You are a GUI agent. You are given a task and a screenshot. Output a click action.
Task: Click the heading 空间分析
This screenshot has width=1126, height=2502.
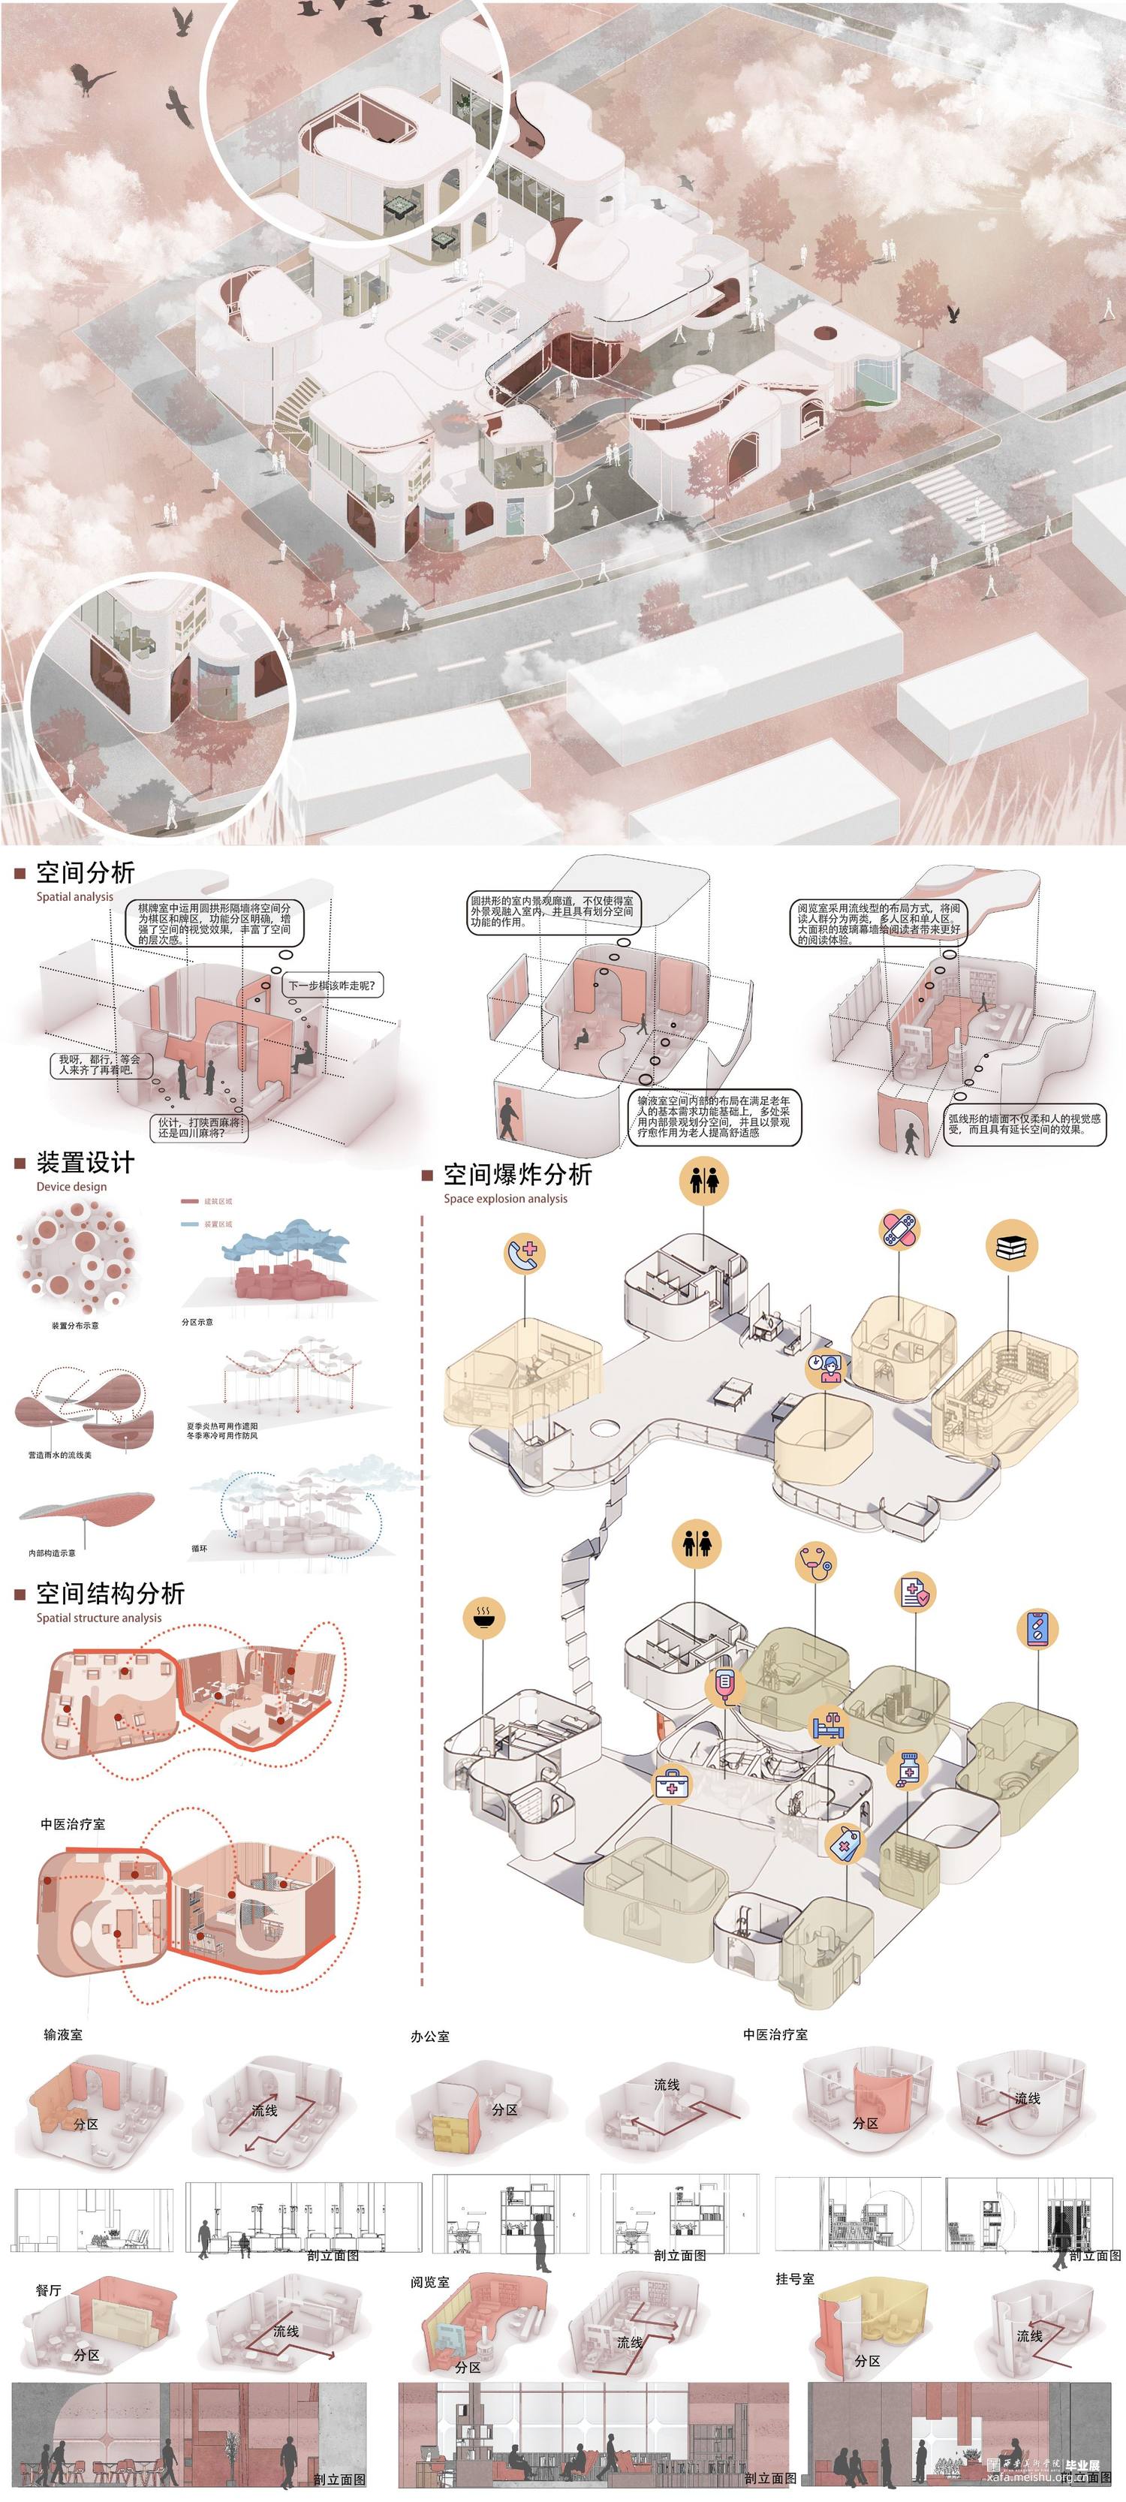pyautogui.click(x=85, y=872)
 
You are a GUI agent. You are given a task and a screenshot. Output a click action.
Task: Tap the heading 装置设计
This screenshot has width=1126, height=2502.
pyautogui.click(x=85, y=1163)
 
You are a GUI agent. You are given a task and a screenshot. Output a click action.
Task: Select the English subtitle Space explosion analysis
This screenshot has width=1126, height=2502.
pyautogui.click(x=505, y=1199)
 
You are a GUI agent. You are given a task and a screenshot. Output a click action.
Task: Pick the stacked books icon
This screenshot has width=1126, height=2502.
pyautogui.click(x=1010, y=1246)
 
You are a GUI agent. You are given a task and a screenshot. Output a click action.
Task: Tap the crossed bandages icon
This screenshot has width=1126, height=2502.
pyautogui.click(x=899, y=1230)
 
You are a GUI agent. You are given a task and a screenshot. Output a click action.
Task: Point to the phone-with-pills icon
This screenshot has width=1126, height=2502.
pyautogui.click(x=1036, y=1629)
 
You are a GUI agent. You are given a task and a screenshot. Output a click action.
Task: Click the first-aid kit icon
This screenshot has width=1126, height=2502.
pyautogui.click(x=670, y=1781)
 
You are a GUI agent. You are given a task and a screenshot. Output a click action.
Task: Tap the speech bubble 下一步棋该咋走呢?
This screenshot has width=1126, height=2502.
pyautogui.click(x=331, y=985)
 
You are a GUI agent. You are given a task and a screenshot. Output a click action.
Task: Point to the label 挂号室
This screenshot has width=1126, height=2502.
pyautogui.click(x=795, y=2278)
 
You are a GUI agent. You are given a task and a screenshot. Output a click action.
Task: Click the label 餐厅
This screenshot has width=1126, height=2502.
pyautogui.click(x=49, y=2290)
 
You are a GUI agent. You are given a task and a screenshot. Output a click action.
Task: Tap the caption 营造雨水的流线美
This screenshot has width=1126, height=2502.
pyautogui.click(x=60, y=1455)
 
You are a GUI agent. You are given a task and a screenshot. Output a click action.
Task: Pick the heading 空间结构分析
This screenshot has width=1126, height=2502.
pyautogui.click(x=110, y=1594)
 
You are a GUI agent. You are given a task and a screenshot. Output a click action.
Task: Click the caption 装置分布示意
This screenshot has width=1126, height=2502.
pyautogui.click(x=75, y=1326)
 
